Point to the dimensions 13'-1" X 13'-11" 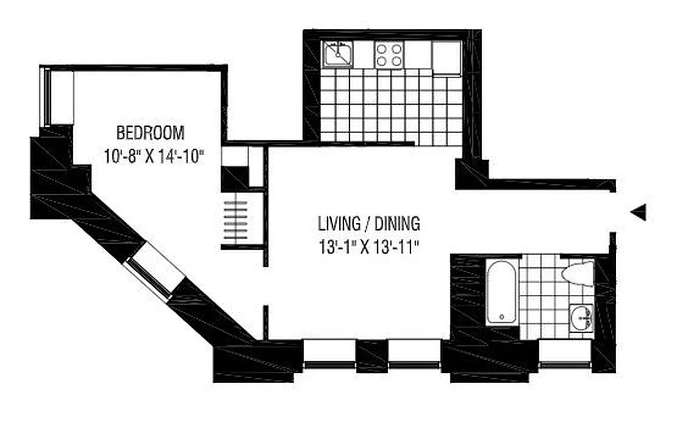[369, 248]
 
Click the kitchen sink [337, 55]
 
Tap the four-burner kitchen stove [389, 55]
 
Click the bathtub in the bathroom [502, 292]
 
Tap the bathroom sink [581, 318]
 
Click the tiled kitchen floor [391, 107]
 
